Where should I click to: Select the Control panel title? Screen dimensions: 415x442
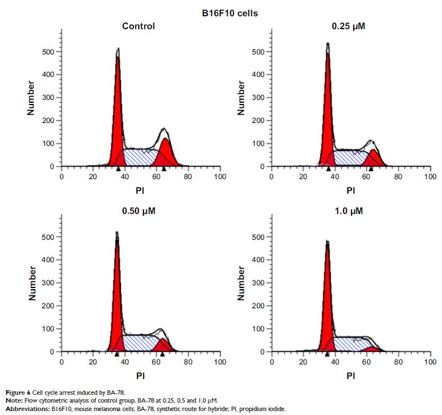(138, 26)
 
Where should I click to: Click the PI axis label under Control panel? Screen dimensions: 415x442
(141, 190)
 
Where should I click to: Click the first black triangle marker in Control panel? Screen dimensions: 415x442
(118, 168)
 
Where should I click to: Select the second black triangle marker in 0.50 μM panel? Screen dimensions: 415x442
(162, 354)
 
